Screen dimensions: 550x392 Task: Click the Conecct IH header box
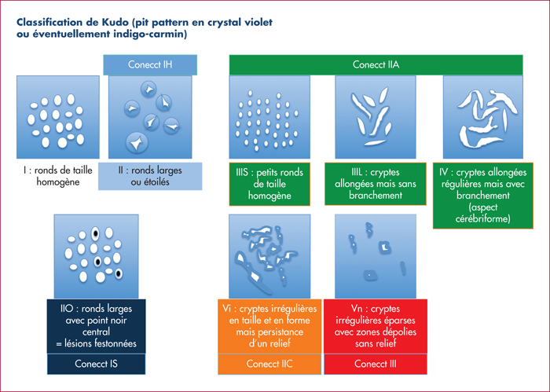tap(150, 65)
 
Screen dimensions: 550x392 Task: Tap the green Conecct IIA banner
tap(376, 65)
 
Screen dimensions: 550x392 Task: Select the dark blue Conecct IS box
tap(97, 364)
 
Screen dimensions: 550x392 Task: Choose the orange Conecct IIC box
tap(269, 364)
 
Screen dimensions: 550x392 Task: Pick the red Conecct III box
tap(376, 364)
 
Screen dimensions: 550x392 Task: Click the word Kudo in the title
tap(115, 23)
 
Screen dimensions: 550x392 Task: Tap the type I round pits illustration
tap(58, 117)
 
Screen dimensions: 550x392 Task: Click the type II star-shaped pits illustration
tap(150, 117)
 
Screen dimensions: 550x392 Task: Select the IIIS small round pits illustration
tap(269, 117)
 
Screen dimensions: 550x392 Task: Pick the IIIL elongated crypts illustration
tap(376, 117)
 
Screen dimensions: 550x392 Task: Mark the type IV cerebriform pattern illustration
tap(483, 117)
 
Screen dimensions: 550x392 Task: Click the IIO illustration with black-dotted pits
tap(97, 257)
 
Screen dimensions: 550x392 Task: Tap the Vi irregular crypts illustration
tap(269, 257)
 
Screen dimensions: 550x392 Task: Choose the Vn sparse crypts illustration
tap(376, 257)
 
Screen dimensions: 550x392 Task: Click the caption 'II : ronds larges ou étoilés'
tap(150, 177)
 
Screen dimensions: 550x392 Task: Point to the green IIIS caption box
tap(269, 184)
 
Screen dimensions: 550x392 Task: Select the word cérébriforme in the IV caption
tap(483, 219)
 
